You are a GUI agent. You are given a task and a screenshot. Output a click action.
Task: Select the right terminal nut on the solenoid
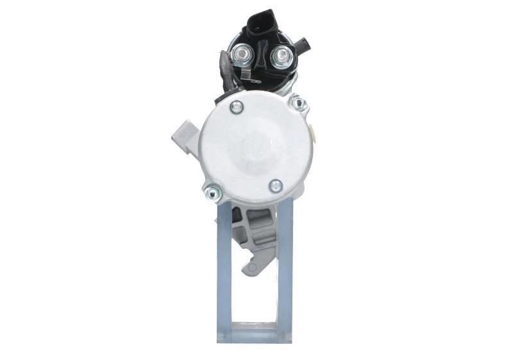click(x=280, y=57)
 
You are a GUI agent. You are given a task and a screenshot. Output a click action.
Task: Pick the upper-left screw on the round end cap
click(x=237, y=107)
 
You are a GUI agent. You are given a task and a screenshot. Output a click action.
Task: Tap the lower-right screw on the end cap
click(x=276, y=186)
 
